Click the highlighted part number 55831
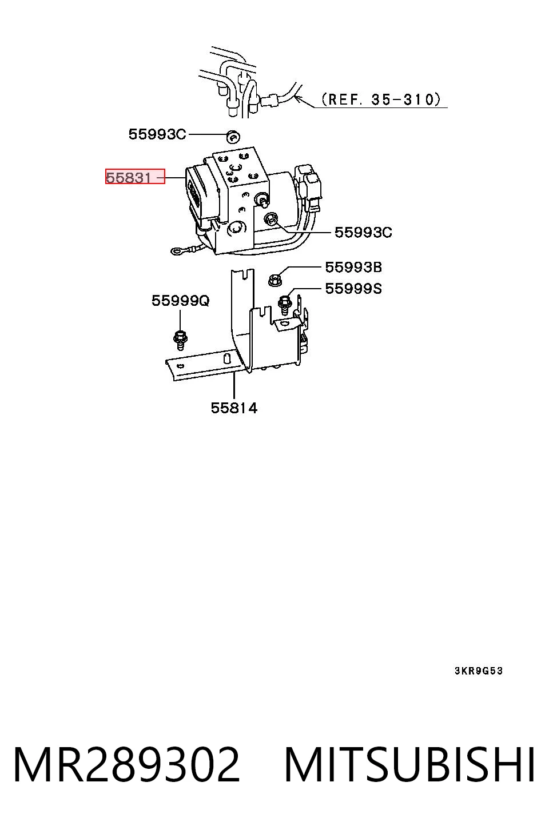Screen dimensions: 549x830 128,178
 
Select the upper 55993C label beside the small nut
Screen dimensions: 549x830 157,134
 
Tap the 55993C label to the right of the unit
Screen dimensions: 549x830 363,232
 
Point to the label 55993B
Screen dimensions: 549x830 353,267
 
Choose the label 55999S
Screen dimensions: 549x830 353,288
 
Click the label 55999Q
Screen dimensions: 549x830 181,301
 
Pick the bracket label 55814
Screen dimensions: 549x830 234,408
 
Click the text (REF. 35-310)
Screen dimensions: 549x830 381,99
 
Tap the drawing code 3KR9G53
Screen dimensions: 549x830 479,671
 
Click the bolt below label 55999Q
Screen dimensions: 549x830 180,339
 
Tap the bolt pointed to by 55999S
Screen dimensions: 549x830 284,304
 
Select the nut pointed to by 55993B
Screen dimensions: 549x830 276,280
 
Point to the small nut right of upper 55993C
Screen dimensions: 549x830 233,137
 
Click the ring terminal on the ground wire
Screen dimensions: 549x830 176,252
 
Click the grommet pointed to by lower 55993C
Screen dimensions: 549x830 271,218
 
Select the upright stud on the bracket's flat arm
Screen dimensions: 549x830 226,358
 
